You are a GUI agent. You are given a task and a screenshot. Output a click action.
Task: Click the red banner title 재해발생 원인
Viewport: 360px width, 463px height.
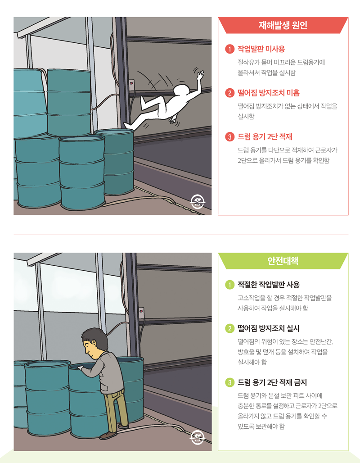click(283, 26)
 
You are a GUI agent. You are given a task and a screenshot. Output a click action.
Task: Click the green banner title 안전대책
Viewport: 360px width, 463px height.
click(283, 261)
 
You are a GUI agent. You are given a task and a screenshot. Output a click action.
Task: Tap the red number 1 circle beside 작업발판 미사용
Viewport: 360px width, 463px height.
click(229, 49)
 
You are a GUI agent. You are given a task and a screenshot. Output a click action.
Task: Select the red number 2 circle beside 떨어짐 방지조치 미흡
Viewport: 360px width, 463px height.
click(229, 93)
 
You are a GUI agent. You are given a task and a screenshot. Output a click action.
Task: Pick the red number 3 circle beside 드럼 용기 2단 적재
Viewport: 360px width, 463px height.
click(229, 137)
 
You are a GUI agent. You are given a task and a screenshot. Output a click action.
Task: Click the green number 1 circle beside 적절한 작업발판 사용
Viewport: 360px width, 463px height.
click(229, 285)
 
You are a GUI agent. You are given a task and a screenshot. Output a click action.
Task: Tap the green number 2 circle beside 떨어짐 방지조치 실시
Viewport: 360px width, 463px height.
click(229, 328)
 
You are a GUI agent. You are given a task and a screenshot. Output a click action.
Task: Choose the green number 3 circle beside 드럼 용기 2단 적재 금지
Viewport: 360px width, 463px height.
click(229, 383)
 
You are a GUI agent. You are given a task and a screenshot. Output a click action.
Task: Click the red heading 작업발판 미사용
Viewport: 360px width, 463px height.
click(261, 49)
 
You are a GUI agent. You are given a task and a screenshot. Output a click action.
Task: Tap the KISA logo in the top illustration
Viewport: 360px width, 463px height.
click(198, 201)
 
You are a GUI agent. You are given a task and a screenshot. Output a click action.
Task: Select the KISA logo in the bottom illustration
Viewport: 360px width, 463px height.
click(198, 437)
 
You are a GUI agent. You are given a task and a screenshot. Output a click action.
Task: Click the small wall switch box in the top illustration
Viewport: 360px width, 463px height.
click(131, 83)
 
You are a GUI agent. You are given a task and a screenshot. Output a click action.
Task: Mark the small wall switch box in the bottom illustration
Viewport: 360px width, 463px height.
click(141, 311)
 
